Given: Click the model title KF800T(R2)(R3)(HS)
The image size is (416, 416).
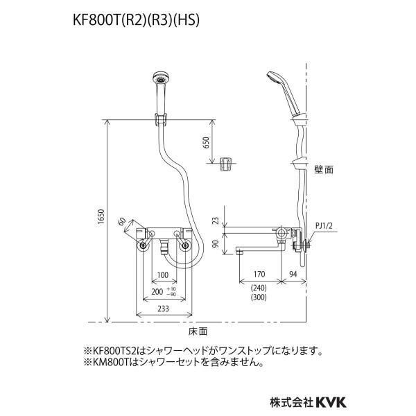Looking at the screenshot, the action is point(136,20).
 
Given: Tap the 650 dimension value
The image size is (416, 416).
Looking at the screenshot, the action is point(206,142).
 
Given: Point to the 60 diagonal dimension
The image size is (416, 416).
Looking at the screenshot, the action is point(122,222).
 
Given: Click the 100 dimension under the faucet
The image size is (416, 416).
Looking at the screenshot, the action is point(163,275).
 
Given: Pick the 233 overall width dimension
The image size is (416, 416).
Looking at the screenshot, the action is point(163,309).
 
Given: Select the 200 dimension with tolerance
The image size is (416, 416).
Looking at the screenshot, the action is point(164,291).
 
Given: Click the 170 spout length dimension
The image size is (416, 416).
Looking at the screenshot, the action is point(259,274).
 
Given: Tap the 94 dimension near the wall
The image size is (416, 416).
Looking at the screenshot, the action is point(293,274).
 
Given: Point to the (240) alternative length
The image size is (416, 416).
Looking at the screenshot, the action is point(259,288).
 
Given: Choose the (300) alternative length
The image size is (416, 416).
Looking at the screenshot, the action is point(259,297).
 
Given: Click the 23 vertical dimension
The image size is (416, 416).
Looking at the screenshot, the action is point(216,220).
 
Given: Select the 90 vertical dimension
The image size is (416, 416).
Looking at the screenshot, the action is point(216,244).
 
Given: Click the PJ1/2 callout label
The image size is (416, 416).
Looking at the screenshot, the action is point(324,226).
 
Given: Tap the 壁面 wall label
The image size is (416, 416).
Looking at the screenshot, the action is point(324,170).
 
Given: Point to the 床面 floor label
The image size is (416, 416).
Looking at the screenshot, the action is point(198,331).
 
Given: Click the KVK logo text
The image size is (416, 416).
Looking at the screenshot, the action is point(331,402).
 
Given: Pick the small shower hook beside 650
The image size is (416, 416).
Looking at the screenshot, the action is point(225,164).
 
